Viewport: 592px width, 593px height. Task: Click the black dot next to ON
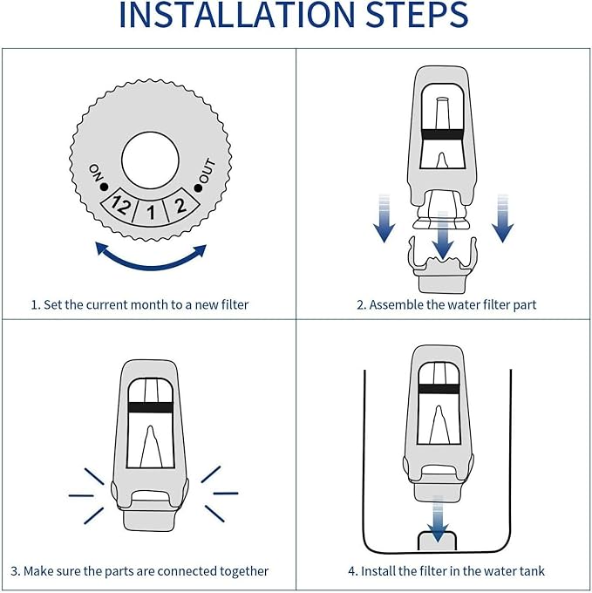[x=104, y=186]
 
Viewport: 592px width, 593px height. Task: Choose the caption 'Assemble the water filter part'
[x=446, y=304]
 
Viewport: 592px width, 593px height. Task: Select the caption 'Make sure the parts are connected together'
[x=139, y=571]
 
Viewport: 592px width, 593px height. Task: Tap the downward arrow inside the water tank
[x=439, y=516]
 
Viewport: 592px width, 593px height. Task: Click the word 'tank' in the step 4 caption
[x=530, y=571]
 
